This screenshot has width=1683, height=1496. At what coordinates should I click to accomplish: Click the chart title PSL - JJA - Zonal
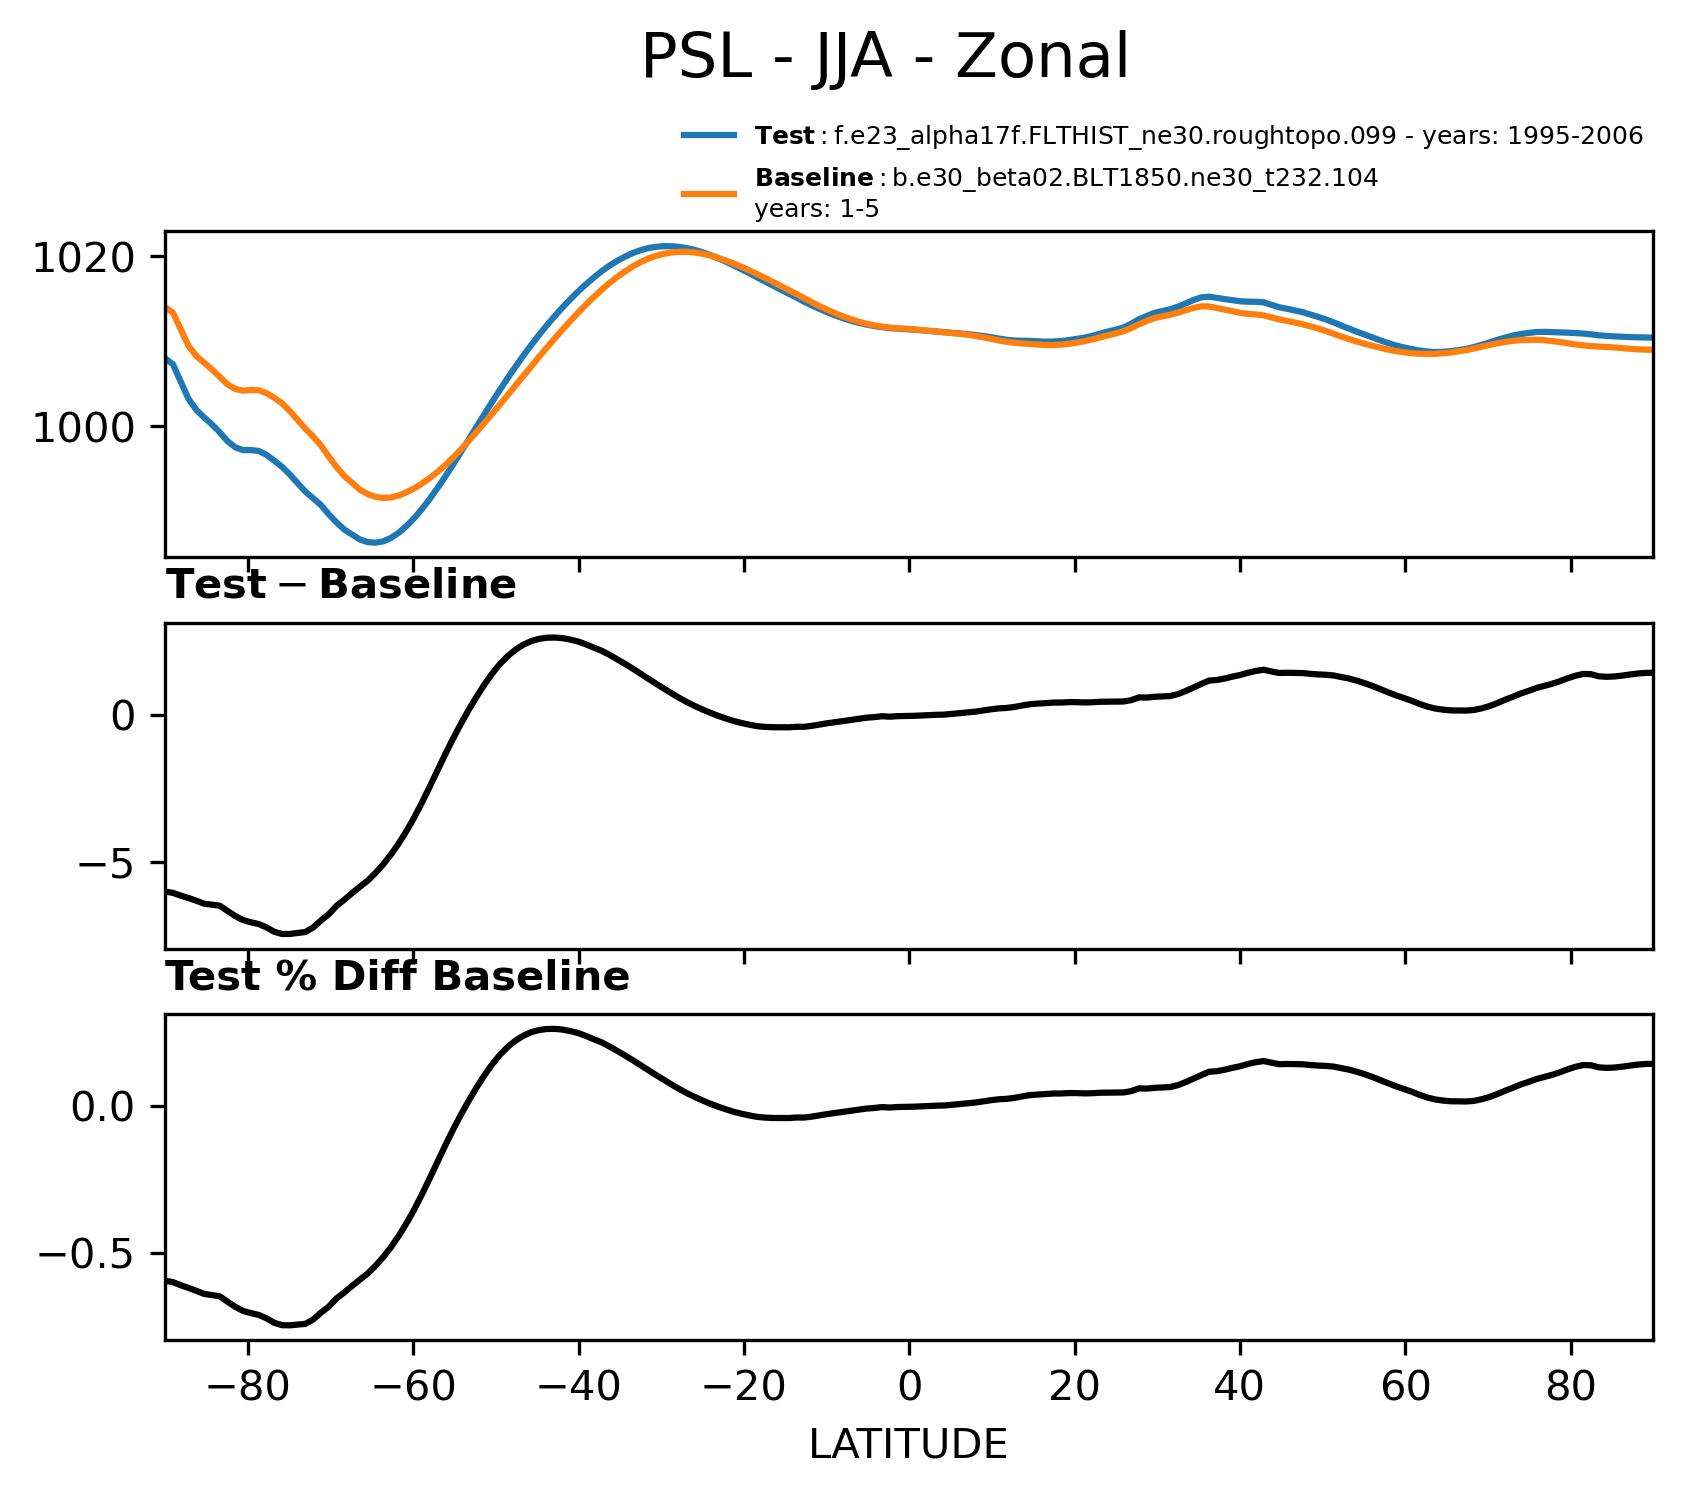tap(884, 58)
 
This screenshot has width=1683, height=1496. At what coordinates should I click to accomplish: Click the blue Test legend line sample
tap(709, 135)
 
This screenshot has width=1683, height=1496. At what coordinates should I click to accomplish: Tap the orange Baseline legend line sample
tap(709, 193)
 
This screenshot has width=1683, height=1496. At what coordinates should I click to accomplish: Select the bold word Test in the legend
tap(785, 136)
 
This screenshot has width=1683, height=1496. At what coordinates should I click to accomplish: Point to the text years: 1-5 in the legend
tap(816, 209)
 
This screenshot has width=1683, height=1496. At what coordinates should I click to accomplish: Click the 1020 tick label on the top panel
tap(83, 258)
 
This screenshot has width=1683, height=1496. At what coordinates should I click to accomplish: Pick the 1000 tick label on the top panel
tap(83, 428)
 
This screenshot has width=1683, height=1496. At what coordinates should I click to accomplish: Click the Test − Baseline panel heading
tap(340, 585)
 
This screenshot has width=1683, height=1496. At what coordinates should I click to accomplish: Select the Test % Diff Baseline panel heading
tap(397, 977)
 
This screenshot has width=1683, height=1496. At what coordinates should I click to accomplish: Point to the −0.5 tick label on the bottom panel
tap(87, 1254)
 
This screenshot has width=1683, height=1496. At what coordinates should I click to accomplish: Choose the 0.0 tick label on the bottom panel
tap(103, 1107)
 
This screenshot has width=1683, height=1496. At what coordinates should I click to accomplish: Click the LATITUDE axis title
tap(908, 1445)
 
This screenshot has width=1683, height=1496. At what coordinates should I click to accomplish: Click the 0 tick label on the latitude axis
tap(909, 1388)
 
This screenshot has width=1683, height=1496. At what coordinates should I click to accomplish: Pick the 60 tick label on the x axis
tap(1405, 1388)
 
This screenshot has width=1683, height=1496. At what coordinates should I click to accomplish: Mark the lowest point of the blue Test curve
tap(373, 543)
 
